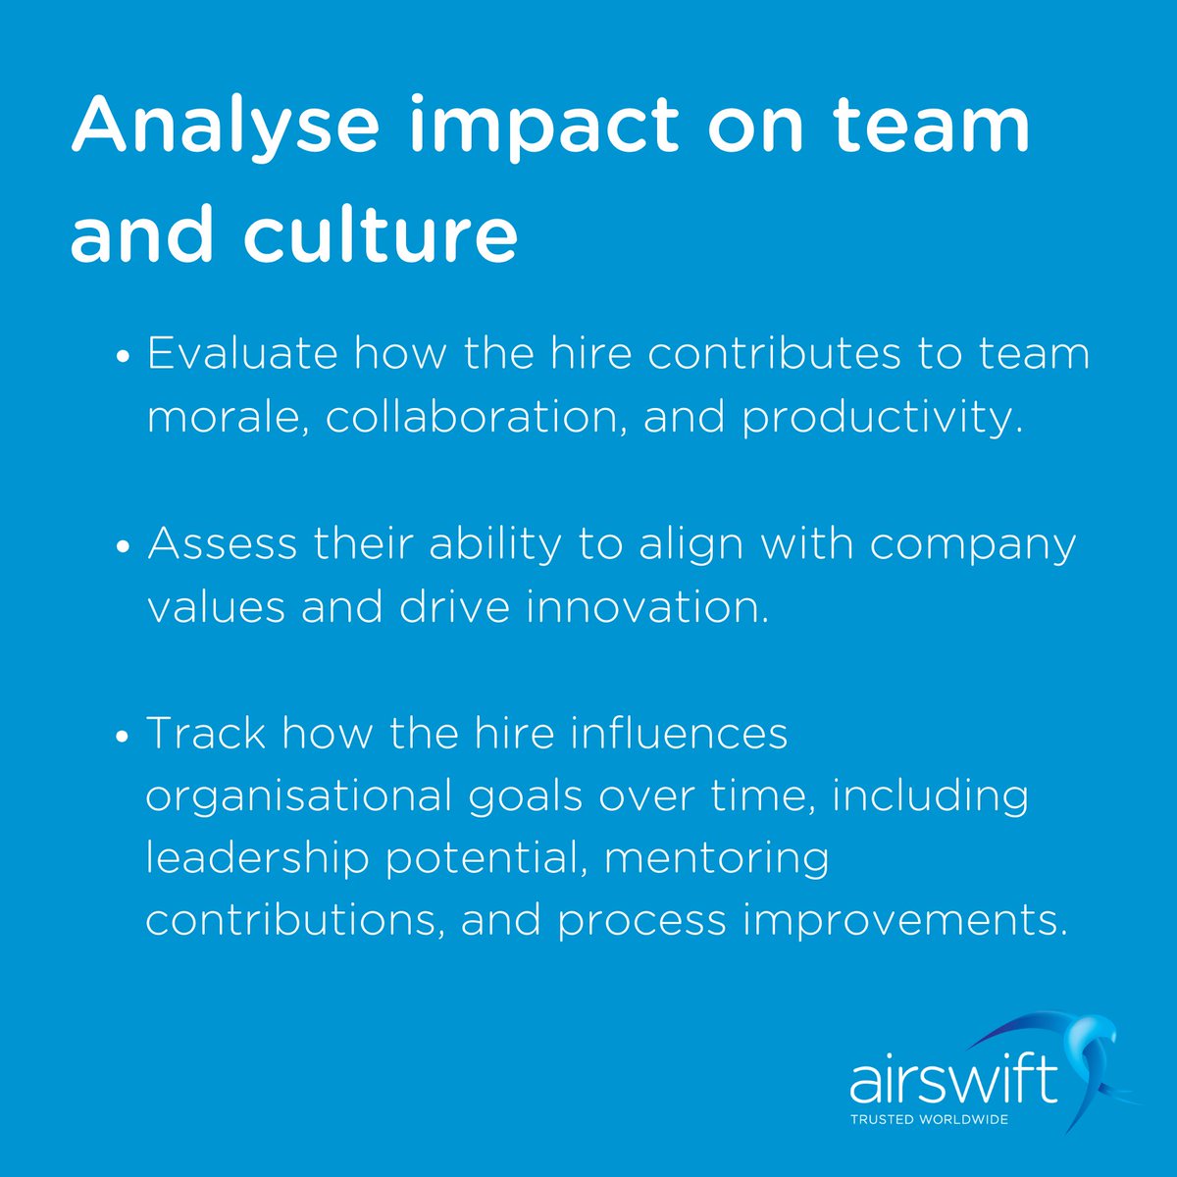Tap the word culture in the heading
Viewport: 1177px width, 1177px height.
click(x=392, y=235)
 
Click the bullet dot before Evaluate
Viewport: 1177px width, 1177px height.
click(x=124, y=358)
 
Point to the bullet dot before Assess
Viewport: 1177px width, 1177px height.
click(x=124, y=548)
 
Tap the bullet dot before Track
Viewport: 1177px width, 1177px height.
click(x=124, y=738)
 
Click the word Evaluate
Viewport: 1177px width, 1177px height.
click(x=244, y=353)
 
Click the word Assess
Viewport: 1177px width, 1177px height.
click(x=223, y=543)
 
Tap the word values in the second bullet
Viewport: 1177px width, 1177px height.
click(x=215, y=607)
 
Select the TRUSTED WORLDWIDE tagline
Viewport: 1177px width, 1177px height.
click(x=929, y=1119)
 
